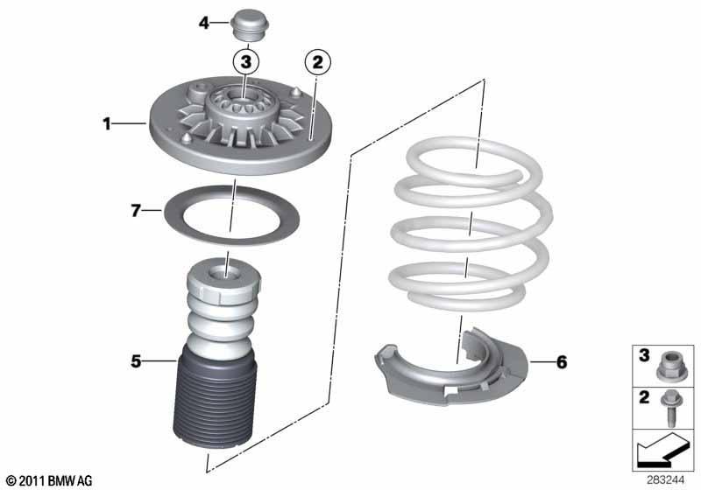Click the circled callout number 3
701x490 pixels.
tap(246, 61)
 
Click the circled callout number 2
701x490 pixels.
tap(317, 62)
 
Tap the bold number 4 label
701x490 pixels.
tap(204, 23)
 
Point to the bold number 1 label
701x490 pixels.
tap(106, 123)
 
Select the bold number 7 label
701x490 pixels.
tap(136, 210)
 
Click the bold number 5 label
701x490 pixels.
tap(136, 361)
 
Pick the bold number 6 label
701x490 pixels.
tap(562, 362)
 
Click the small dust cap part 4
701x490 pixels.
tap(248, 25)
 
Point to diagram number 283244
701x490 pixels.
tap(665, 480)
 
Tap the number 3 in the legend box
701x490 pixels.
tap(644, 355)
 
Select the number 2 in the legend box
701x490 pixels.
tap(644, 397)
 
